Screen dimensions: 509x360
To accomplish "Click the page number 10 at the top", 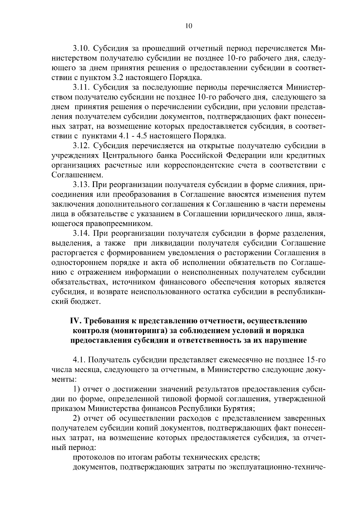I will coord(188,26).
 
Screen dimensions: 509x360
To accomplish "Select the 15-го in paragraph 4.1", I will coord(315,360).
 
